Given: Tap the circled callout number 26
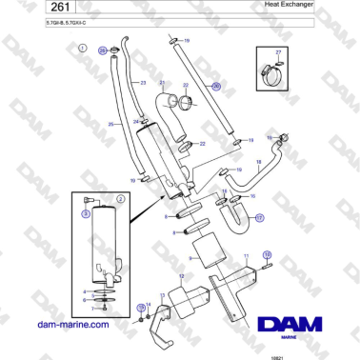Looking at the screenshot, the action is pos(215,86).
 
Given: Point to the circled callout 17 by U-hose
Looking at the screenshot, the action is pos(259,217).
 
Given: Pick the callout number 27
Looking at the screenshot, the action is pos(278,51).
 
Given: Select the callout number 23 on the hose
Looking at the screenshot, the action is pos(142,84).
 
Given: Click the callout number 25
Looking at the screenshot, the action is pos(110,125).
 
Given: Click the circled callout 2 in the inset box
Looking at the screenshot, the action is pos(121,199).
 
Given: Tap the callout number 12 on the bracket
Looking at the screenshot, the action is pos(181,276).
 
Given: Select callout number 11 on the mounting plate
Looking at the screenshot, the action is pos(246,256).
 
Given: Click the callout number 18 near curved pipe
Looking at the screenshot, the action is pos(258,163).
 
